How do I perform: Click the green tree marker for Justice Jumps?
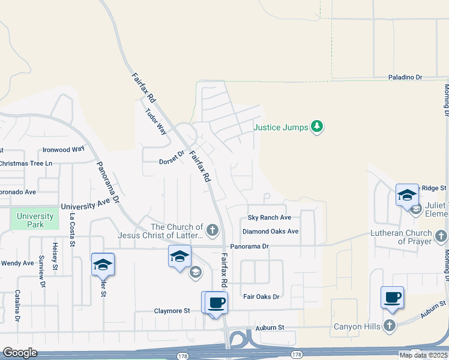point(318,127)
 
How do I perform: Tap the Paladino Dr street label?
point(405,77)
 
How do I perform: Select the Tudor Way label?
point(155,121)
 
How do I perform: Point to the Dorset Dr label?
point(170,161)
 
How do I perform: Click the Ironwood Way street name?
point(64,149)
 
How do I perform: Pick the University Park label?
point(35,220)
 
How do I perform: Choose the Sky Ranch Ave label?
point(270,217)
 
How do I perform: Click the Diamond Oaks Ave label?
point(270,231)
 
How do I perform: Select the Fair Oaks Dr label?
point(262,296)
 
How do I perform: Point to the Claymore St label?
point(172,311)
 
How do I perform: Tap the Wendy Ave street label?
point(17,263)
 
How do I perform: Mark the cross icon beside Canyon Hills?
point(390,326)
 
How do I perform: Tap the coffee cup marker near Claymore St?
point(217,302)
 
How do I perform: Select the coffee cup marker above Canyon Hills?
point(392,297)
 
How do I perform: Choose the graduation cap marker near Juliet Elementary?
point(407,194)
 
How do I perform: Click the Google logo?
point(20,353)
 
